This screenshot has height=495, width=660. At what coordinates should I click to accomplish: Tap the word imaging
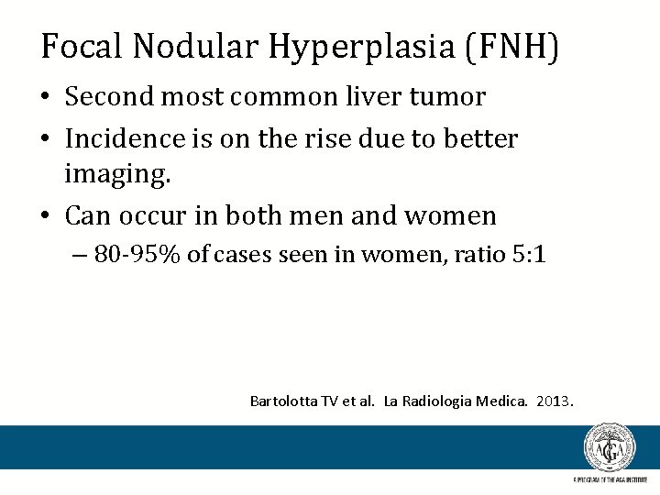pyautogui.click(x=117, y=173)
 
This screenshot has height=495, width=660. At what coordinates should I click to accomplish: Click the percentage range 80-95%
pyautogui.click(x=137, y=254)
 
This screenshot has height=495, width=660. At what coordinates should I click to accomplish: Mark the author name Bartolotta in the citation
pyautogui.click(x=283, y=401)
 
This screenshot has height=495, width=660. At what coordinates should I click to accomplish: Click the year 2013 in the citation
pyautogui.click(x=553, y=401)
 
